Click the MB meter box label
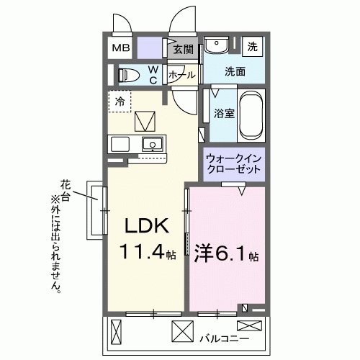[x=120, y=49]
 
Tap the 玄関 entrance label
[x=184, y=49]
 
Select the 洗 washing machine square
[x=252, y=46]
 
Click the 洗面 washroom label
[x=234, y=72]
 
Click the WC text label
[x=153, y=75]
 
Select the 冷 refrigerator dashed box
[x=120, y=101]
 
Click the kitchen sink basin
[x=152, y=144]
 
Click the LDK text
[x=147, y=226]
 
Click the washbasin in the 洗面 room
[x=217, y=46]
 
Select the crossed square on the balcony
[x=182, y=332]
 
